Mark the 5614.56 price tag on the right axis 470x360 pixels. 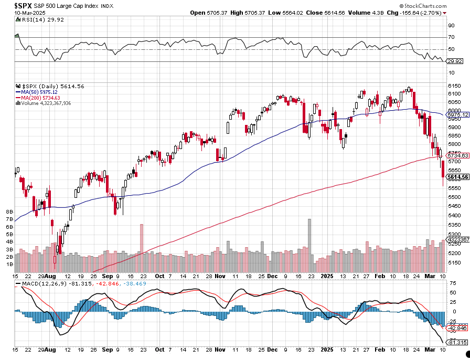pos(457,177)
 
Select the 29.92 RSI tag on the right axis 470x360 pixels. pos(454,61)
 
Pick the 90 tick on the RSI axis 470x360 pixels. pos(451,25)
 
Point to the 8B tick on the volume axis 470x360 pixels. pos(9,211)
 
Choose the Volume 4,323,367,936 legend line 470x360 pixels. pos(45,103)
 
